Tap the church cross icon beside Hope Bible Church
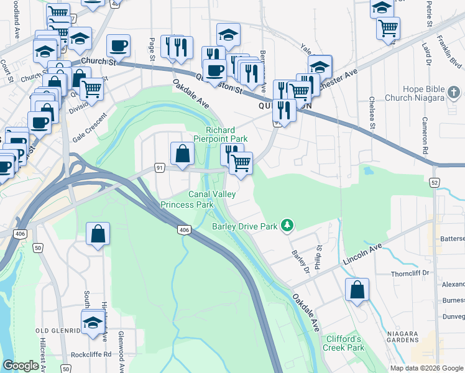click(x=454, y=93)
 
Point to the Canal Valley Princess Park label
click(x=196, y=199)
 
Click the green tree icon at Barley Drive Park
click(x=287, y=224)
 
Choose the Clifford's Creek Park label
click(x=343, y=343)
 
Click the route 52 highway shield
click(x=435, y=182)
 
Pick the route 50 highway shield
click(x=39, y=248)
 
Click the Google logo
click(x=21, y=366)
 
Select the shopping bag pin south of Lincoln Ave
click(x=357, y=290)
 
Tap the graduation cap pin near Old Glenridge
click(x=93, y=322)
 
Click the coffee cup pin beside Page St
click(x=118, y=45)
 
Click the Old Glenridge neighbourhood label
click(x=58, y=330)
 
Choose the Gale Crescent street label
click(x=86, y=129)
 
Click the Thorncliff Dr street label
click(x=411, y=273)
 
